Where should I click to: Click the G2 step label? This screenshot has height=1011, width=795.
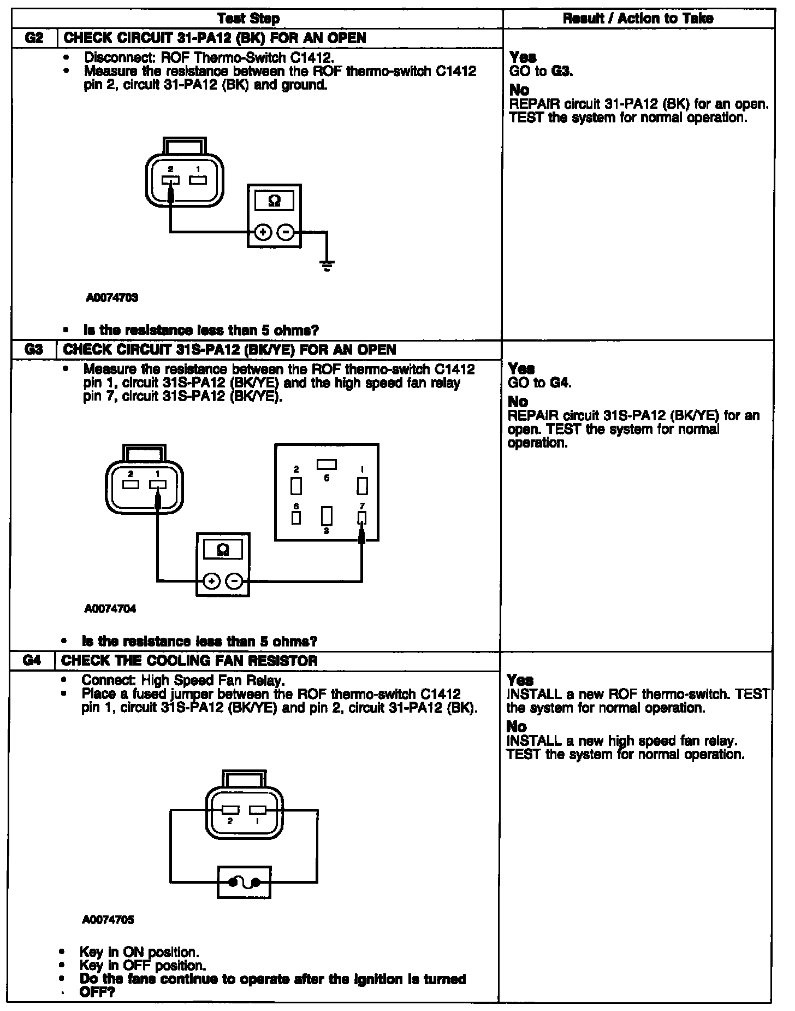click(33, 38)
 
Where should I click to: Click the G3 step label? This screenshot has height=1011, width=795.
click(33, 349)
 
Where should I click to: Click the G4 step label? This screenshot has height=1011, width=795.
click(32, 660)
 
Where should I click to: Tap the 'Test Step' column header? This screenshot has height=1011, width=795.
click(256, 19)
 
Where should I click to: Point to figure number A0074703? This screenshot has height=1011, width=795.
click(112, 298)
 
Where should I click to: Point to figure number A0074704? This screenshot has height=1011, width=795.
click(110, 609)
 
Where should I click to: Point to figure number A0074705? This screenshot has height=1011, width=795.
click(109, 920)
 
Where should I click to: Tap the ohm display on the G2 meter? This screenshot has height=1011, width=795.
click(275, 201)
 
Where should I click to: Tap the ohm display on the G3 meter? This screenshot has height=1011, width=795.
click(223, 550)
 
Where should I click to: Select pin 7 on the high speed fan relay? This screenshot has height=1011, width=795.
click(361, 518)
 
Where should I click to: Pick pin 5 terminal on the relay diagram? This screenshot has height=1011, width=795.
click(327, 465)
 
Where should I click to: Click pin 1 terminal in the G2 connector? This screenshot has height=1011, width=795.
click(198, 180)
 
